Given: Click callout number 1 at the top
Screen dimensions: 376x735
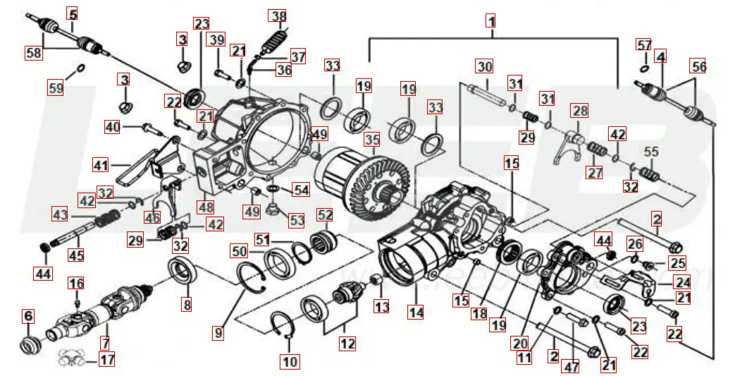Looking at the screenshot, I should pyautogui.click(x=490, y=20).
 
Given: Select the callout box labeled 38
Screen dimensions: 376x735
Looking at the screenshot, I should pyautogui.click(x=279, y=16).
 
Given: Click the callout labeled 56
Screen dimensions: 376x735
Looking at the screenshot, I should pyautogui.click(x=698, y=66).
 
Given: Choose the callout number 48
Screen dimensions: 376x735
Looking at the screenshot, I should pyautogui.click(x=206, y=208).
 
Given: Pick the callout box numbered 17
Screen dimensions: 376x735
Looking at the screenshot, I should pyautogui.click(x=106, y=360).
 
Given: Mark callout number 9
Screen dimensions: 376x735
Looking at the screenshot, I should pyautogui.click(x=218, y=332).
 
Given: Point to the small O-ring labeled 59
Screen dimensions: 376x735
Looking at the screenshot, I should pyautogui.click(x=80, y=68).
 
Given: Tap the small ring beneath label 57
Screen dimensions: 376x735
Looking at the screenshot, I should pyautogui.click(x=645, y=68).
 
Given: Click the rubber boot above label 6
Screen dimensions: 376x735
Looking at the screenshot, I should pyautogui.click(x=30, y=346).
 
